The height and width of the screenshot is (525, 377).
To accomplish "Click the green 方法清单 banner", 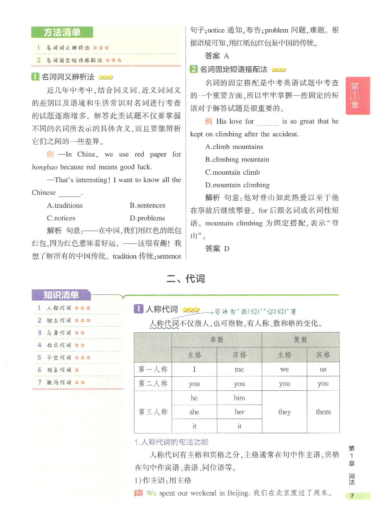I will [x=62, y=32].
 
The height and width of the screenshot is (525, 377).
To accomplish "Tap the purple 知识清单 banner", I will [x=61, y=295].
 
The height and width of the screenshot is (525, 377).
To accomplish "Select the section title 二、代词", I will [x=185, y=278].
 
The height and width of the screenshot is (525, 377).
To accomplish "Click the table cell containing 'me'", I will [x=239, y=369].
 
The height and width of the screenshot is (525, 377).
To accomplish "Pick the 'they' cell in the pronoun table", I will [x=284, y=412].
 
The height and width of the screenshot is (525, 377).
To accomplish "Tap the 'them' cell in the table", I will [x=323, y=412].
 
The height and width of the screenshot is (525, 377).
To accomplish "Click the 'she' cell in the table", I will [x=194, y=412].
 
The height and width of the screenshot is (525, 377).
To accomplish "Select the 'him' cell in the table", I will [x=239, y=398].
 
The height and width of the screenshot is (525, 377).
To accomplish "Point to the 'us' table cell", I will [x=323, y=369].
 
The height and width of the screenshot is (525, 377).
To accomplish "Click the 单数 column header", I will [x=217, y=340].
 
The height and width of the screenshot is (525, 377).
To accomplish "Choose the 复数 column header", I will [x=301, y=340].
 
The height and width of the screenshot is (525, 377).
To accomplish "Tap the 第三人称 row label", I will [x=153, y=412].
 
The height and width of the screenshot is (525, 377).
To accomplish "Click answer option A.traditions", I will [x=65, y=205].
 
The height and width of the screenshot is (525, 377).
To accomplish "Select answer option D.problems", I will [x=147, y=218].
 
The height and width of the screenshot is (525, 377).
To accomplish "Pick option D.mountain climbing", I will [x=238, y=185].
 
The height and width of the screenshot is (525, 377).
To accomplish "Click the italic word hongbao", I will [x=44, y=167].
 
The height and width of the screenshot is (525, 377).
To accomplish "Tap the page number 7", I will [x=352, y=496].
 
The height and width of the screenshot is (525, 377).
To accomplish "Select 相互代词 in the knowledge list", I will [x=59, y=370].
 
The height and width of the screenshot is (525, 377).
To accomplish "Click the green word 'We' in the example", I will [x=152, y=493].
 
